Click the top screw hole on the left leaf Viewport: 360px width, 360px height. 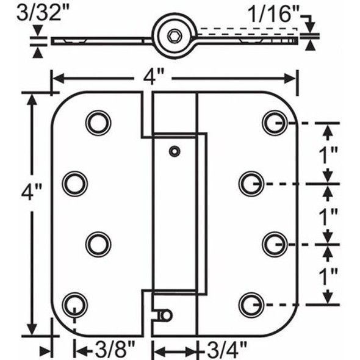point(98,123)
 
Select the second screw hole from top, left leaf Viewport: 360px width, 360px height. point(75,183)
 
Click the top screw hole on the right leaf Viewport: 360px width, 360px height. point(275,123)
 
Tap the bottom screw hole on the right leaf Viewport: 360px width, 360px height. point(251,303)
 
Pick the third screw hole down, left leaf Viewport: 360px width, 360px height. point(98,243)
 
